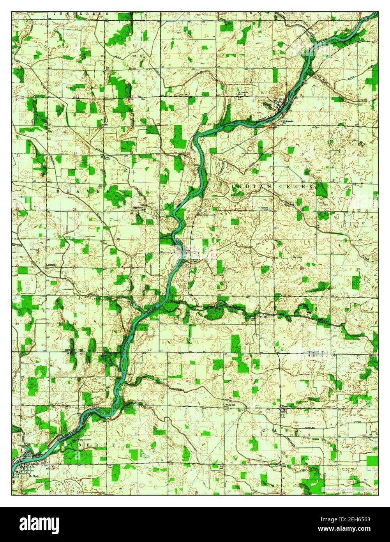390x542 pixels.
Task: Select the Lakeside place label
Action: tap(51, 265)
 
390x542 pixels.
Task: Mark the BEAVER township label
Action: tap(80, 191)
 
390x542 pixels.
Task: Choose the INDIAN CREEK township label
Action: tap(272, 187)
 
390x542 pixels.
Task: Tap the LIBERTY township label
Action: tap(89, 445)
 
